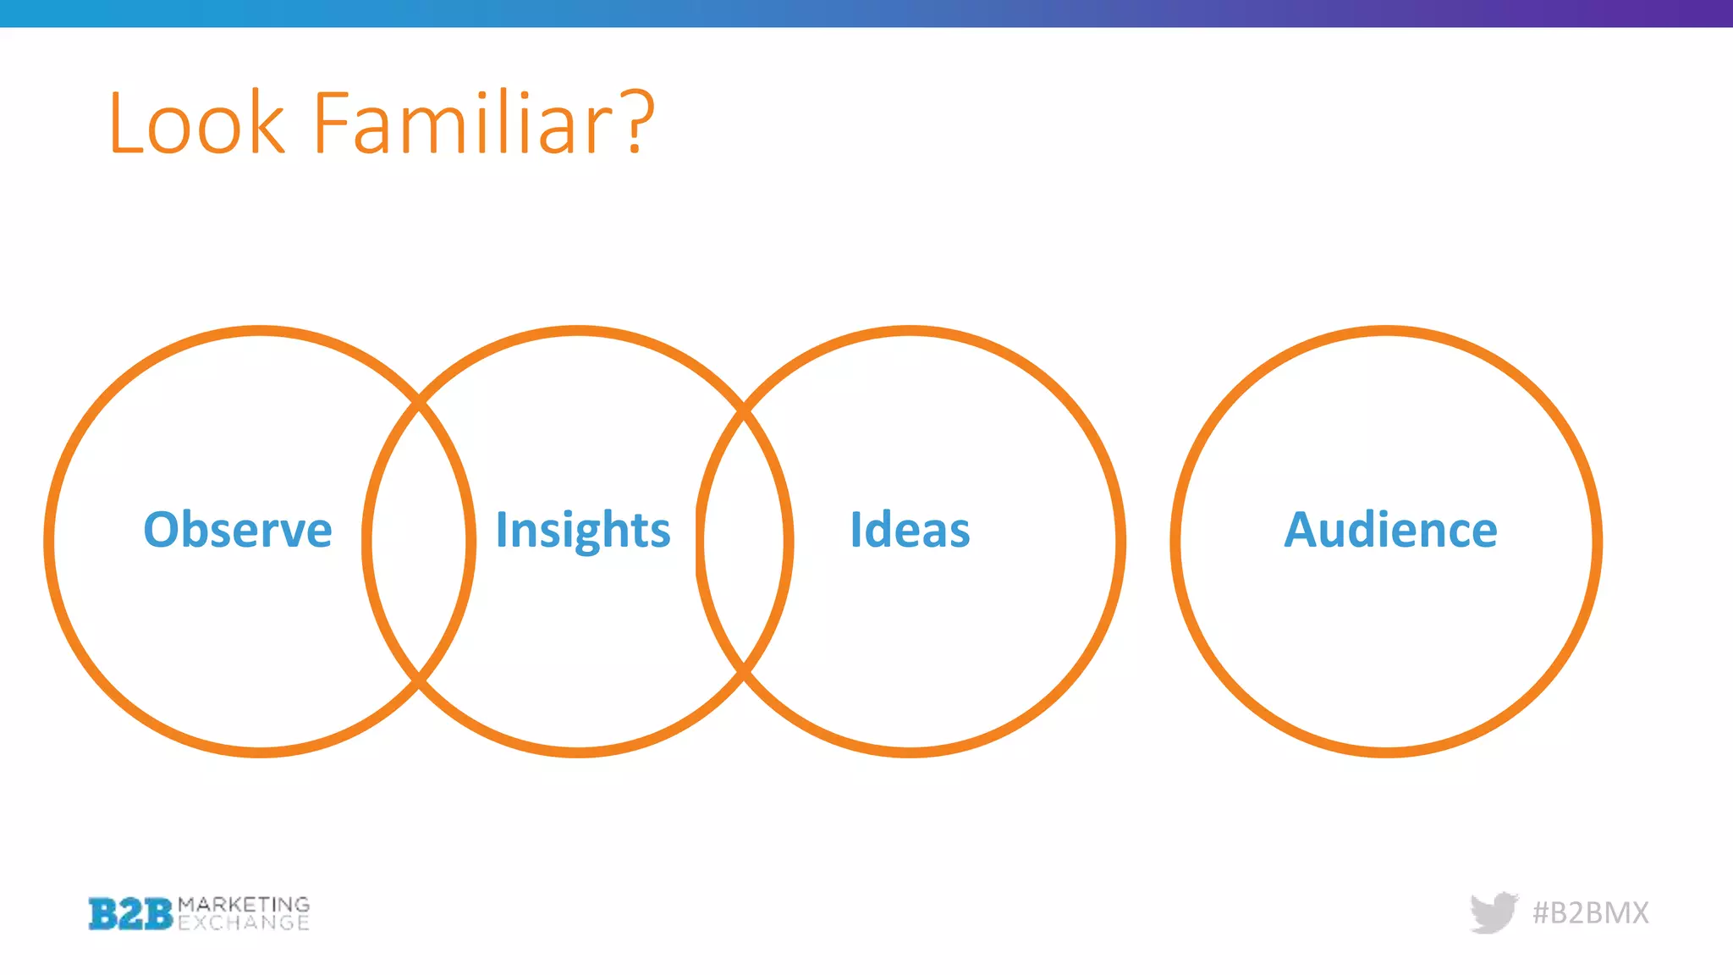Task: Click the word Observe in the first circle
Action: [238, 530]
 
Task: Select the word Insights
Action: [583, 532]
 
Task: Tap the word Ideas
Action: [910, 530]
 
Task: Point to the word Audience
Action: [1390, 530]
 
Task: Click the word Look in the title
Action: [197, 124]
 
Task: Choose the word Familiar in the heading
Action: [462, 124]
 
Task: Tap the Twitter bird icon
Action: [1494, 912]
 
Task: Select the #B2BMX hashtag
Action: [1591, 912]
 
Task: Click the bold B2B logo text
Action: [130, 914]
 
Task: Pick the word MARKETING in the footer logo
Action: [244, 904]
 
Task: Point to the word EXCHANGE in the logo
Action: [244, 923]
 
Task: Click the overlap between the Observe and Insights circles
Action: [419, 542]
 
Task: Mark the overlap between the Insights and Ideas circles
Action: [744, 542]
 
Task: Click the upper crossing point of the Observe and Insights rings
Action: [419, 404]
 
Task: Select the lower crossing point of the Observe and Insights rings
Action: [419, 679]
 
